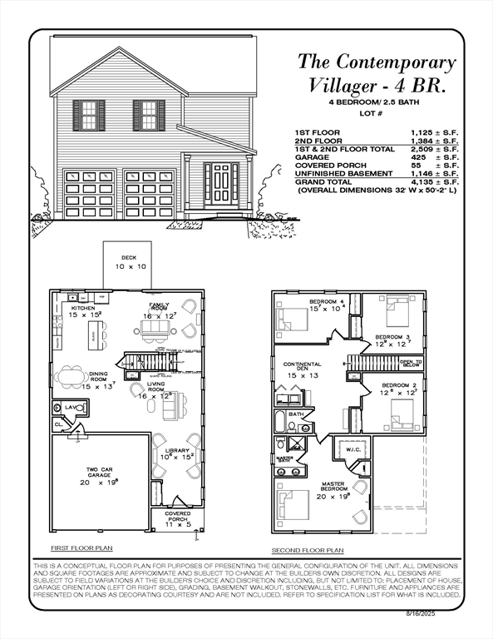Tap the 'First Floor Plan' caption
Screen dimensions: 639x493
point(81,548)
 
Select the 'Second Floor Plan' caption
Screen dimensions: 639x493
point(307,551)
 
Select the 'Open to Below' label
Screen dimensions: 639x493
point(410,364)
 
